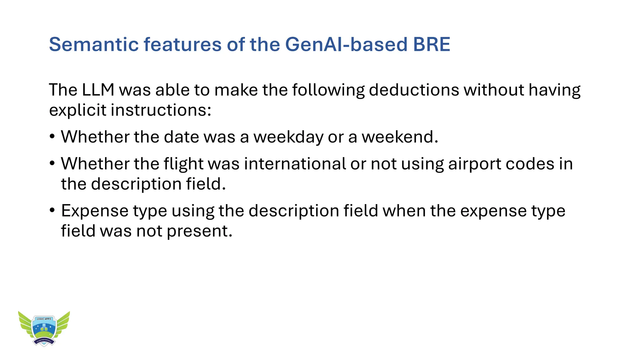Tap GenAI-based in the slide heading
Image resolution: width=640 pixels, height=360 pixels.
346,44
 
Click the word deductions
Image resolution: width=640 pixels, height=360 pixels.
414,90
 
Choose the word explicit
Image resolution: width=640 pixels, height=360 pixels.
77,110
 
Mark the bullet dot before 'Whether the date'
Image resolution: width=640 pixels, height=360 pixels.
52,137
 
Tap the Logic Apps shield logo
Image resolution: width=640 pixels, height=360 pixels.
44,329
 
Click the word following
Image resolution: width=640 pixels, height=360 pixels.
328,90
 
